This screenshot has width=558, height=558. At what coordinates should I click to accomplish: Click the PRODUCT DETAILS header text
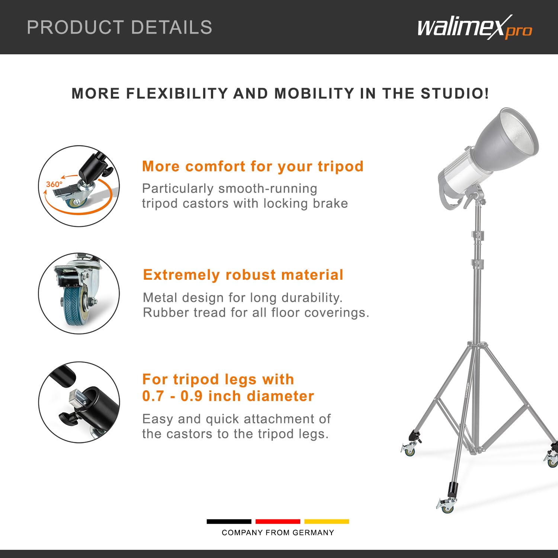tap(119, 28)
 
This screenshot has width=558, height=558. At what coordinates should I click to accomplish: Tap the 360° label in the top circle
tap(54, 184)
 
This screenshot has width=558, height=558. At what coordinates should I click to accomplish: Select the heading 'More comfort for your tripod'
tap(253, 166)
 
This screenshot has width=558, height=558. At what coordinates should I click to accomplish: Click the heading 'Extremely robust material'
tap(243, 275)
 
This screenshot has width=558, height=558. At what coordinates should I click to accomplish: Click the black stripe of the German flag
tap(229, 522)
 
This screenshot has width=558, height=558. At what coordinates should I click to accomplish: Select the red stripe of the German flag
tap(278, 522)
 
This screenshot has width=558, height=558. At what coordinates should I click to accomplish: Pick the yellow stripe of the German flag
tap(327, 522)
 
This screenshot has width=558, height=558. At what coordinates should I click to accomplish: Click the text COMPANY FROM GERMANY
tap(278, 533)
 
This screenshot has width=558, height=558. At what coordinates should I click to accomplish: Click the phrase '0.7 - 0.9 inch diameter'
tap(228, 396)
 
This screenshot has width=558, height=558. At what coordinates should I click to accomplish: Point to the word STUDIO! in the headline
tap(455, 93)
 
